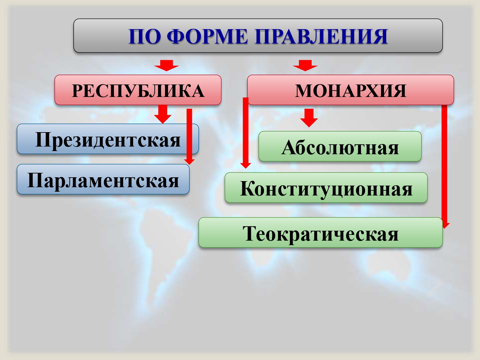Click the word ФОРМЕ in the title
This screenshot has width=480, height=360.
click(x=207, y=36)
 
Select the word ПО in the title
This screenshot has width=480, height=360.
click(x=144, y=36)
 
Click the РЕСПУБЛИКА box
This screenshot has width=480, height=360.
click(x=138, y=90)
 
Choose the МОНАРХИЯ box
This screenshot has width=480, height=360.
click(x=350, y=90)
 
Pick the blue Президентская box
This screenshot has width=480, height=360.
click(x=108, y=139)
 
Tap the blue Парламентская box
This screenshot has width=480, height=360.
click(x=103, y=179)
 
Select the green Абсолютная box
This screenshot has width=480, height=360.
click(x=340, y=146)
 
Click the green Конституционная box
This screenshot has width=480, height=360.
click(x=326, y=188)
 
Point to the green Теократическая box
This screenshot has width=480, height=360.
click(x=321, y=232)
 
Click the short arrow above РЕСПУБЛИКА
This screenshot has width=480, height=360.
click(x=166, y=65)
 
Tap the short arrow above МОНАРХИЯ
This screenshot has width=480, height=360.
click(x=305, y=65)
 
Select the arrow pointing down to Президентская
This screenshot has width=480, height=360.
click(x=163, y=114)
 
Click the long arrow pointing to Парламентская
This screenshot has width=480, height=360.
click(x=189, y=137)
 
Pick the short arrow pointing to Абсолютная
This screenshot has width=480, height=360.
click(x=309, y=118)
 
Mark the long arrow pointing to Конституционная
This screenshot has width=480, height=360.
click(x=245, y=133)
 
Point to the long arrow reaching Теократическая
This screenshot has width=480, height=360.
click(x=444, y=166)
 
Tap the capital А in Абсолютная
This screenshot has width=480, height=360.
click(x=289, y=147)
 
